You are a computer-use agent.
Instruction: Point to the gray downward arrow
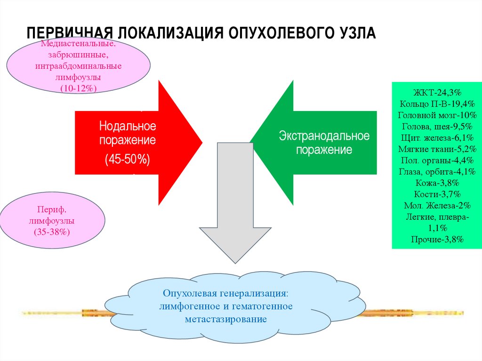click(235, 202)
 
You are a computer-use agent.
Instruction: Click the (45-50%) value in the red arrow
click(127, 160)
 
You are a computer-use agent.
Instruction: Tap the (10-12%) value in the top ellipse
click(79, 88)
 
